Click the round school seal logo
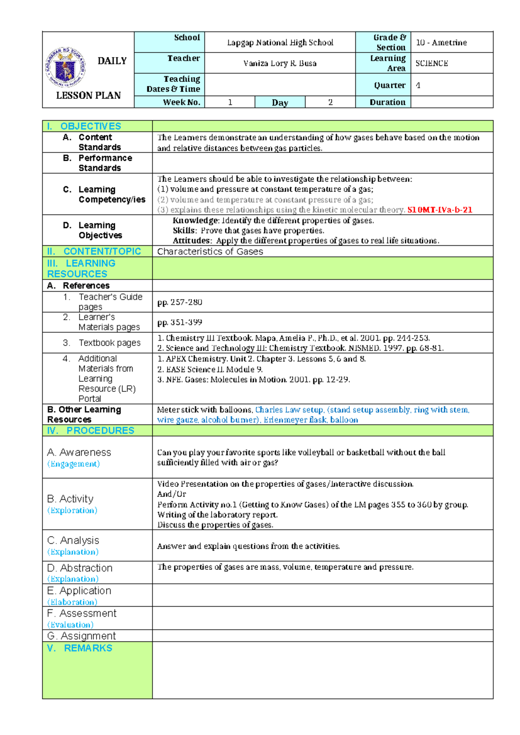[x=65, y=68]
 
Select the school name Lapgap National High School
[x=280, y=42]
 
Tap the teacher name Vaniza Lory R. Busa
[x=280, y=63]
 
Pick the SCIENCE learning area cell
[x=432, y=63]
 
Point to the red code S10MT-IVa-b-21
[x=440, y=210]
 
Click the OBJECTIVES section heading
[x=91, y=126]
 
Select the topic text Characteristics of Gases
[x=210, y=251]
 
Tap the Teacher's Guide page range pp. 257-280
[x=179, y=302]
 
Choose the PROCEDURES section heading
[x=100, y=430]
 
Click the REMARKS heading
[x=88, y=648]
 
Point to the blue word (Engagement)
[x=73, y=464]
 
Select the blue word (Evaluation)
[x=70, y=624]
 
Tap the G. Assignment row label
[x=81, y=636]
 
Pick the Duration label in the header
[x=387, y=102]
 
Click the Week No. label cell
[x=181, y=102]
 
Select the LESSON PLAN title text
[x=88, y=95]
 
